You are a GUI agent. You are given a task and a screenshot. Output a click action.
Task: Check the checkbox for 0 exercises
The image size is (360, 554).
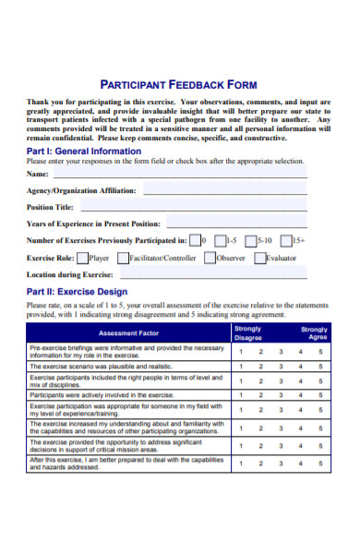pyautogui.click(x=195, y=241)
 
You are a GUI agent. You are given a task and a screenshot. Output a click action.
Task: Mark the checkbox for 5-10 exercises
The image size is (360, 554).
pyautogui.click(x=251, y=241)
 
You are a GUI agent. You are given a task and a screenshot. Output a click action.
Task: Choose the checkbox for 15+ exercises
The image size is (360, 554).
pyautogui.click(x=285, y=241)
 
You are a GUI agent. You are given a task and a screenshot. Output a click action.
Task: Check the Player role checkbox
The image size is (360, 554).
pyautogui.click(x=83, y=259)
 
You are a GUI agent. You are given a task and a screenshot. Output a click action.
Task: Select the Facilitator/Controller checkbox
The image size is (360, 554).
pyautogui.click(x=123, y=259)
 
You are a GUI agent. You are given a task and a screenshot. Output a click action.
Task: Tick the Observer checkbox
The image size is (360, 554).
pyautogui.click(x=210, y=259)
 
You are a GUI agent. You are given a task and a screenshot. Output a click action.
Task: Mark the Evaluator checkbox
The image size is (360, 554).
pyautogui.click(x=260, y=259)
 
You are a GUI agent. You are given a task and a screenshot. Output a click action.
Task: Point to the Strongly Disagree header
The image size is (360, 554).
pyautogui.click(x=248, y=332)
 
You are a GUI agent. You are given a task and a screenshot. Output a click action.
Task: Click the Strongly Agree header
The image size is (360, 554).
pyautogui.click(x=314, y=332)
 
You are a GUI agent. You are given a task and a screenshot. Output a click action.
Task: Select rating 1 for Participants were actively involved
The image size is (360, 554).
pyautogui.click(x=241, y=394)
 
